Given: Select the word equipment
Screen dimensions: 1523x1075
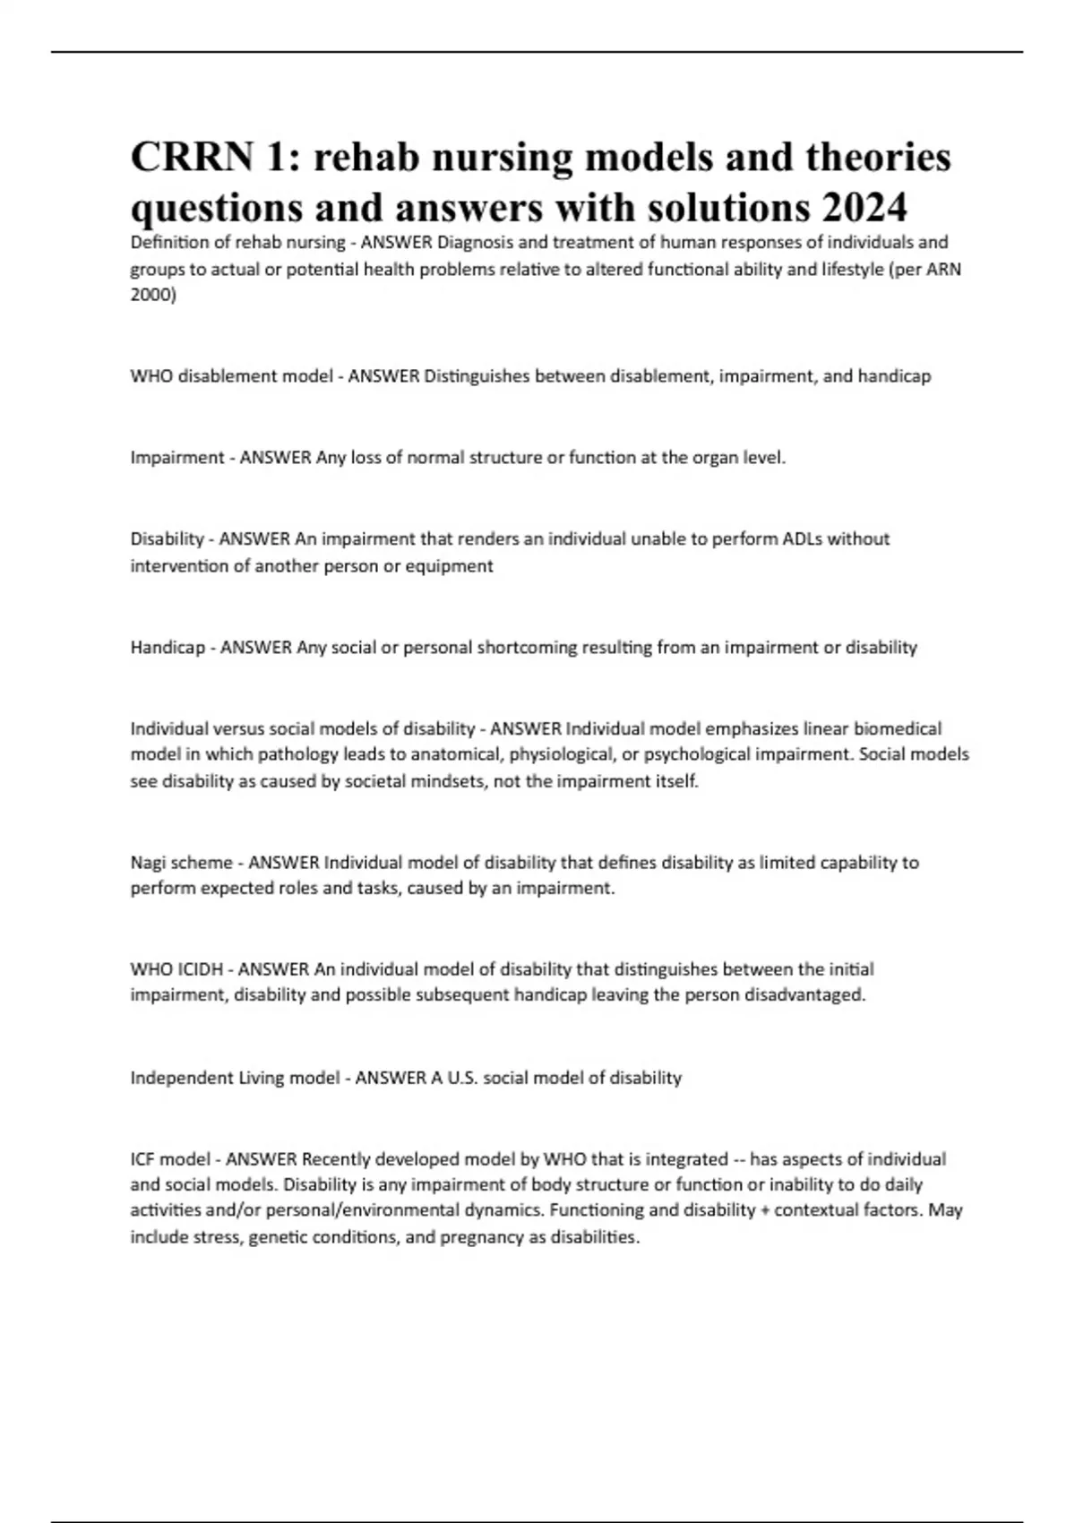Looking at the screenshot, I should coord(448,566).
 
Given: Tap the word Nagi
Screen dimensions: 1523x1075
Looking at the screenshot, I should coord(148,863).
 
